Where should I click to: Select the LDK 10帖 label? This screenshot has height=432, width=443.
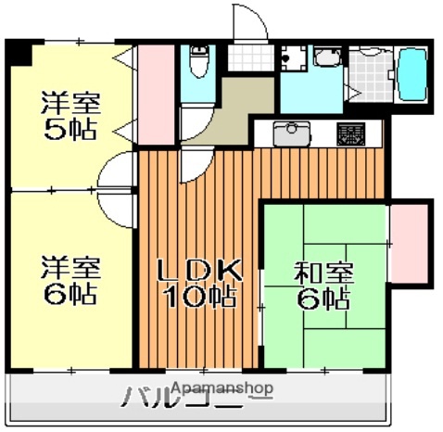click(198, 283)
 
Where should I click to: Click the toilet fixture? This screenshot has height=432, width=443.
click(197, 66)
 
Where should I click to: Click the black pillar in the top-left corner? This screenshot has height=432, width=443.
click(18, 51)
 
